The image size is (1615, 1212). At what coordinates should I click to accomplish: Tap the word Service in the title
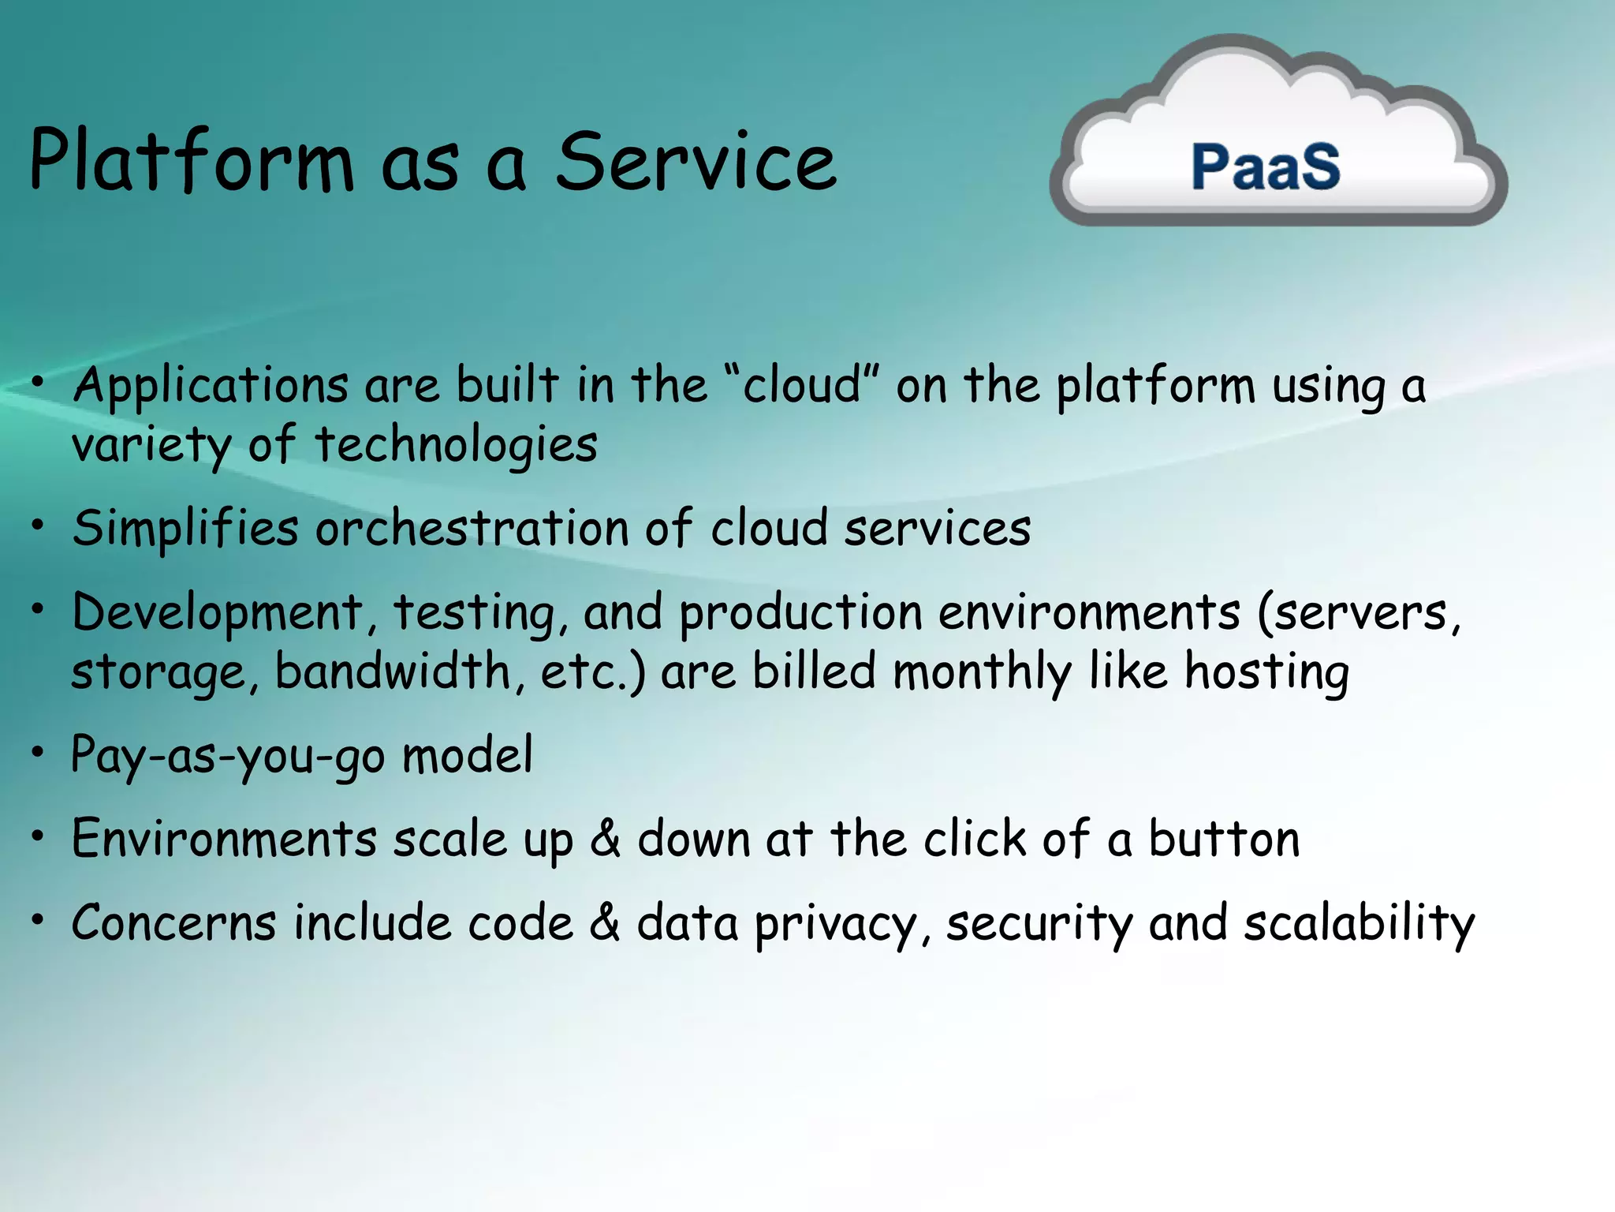pyautogui.click(x=696, y=161)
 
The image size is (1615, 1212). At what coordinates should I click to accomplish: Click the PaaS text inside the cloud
pyautogui.click(x=1265, y=167)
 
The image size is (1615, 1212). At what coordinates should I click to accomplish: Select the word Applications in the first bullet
pyautogui.click(x=211, y=387)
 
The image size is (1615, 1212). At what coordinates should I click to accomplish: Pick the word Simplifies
pyautogui.click(x=186, y=529)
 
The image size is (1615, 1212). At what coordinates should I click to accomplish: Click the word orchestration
pyautogui.click(x=472, y=529)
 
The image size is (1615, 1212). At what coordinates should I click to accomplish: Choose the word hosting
pyautogui.click(x=1266, y=672)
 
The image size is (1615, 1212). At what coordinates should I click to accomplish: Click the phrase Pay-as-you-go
pyautogui.click(x=228, y=756)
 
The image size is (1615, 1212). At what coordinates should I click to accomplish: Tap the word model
pyautogui.click(x=468, y=756)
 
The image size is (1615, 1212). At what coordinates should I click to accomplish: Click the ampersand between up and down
pyautogui.click(x=605, y=839)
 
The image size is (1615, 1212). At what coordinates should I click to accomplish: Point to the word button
pyautogui.click(x=1223, y=839)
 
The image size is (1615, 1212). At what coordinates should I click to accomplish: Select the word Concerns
pyautogui.click(x=174, y=923)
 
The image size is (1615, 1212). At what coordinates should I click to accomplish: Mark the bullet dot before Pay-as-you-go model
pyautogui.click(x=37, y=753)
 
